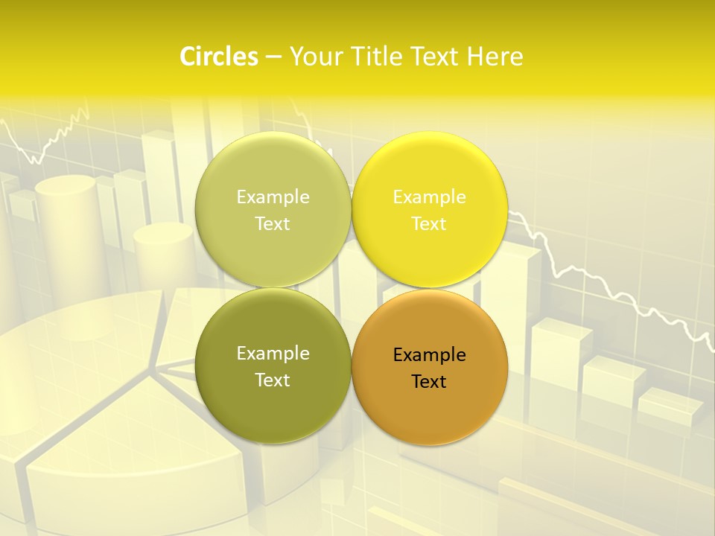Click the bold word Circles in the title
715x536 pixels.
(x=218, y=57)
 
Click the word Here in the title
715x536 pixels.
(x=495, y=57)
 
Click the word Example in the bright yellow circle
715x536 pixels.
(x=429, y=197)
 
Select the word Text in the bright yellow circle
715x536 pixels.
(x=429, y=224)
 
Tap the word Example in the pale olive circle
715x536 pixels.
(x=273, y=197)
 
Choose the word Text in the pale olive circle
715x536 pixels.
(x=273, y=224)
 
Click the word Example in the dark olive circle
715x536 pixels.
(x=273, y=354)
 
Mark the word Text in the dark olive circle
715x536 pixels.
(x=273, y=380)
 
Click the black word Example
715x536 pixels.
(x=429, y=355)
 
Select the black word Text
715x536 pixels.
(x=429, y=382)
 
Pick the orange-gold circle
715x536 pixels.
(x=429, y=417)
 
